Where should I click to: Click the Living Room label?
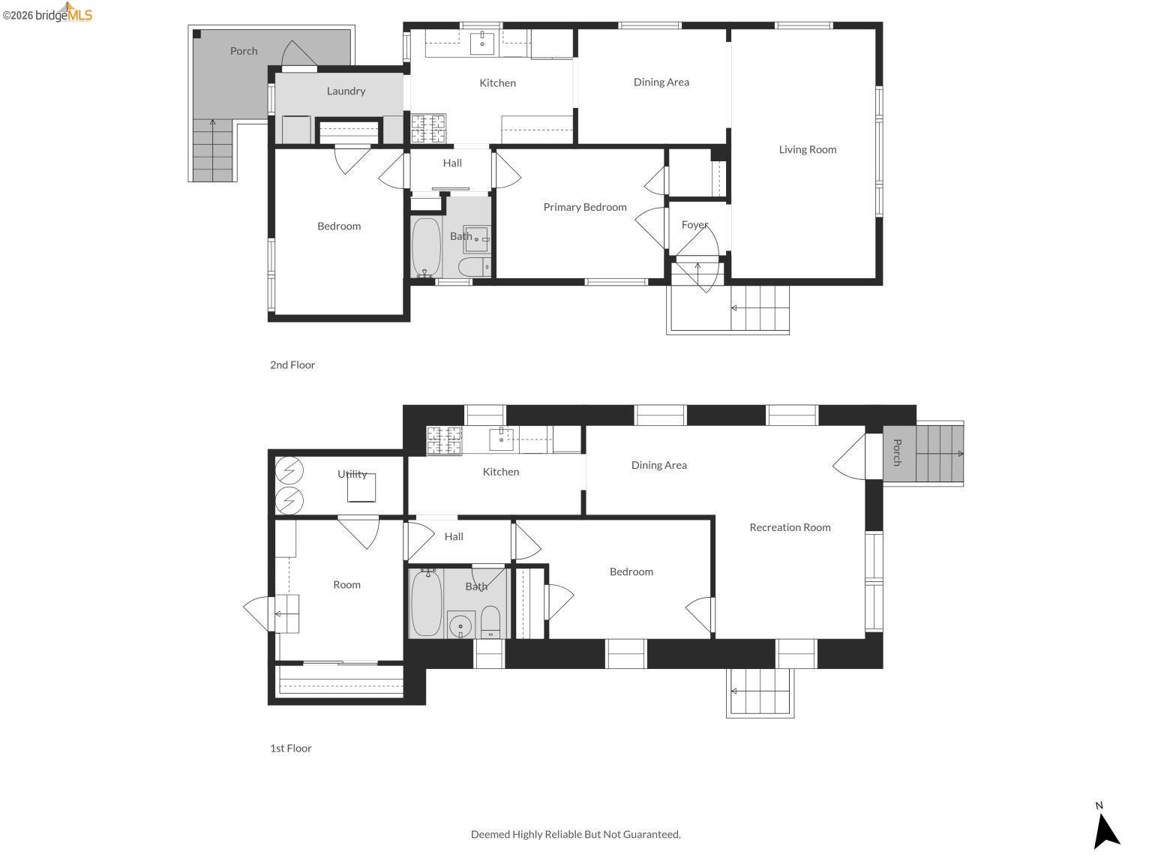point(807,149)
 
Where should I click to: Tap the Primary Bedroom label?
point(585,207)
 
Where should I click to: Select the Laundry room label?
point(346,91)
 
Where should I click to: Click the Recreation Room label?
point(790,527)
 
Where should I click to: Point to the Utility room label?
point(352,474)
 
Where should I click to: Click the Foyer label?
point(694,225)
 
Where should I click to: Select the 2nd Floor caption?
point(292,365)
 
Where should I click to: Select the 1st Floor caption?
point(291,748)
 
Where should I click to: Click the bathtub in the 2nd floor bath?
point(426,247)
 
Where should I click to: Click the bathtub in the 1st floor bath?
point(426,603)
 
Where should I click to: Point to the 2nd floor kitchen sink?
point(482,43)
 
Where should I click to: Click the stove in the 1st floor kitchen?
point(444,440)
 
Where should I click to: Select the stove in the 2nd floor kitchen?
point(428,128)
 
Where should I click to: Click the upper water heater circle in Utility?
point(289,471)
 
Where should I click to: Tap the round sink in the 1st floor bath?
point(460,625)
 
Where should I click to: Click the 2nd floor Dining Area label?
point(661,82)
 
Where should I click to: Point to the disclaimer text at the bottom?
point(575,834)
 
